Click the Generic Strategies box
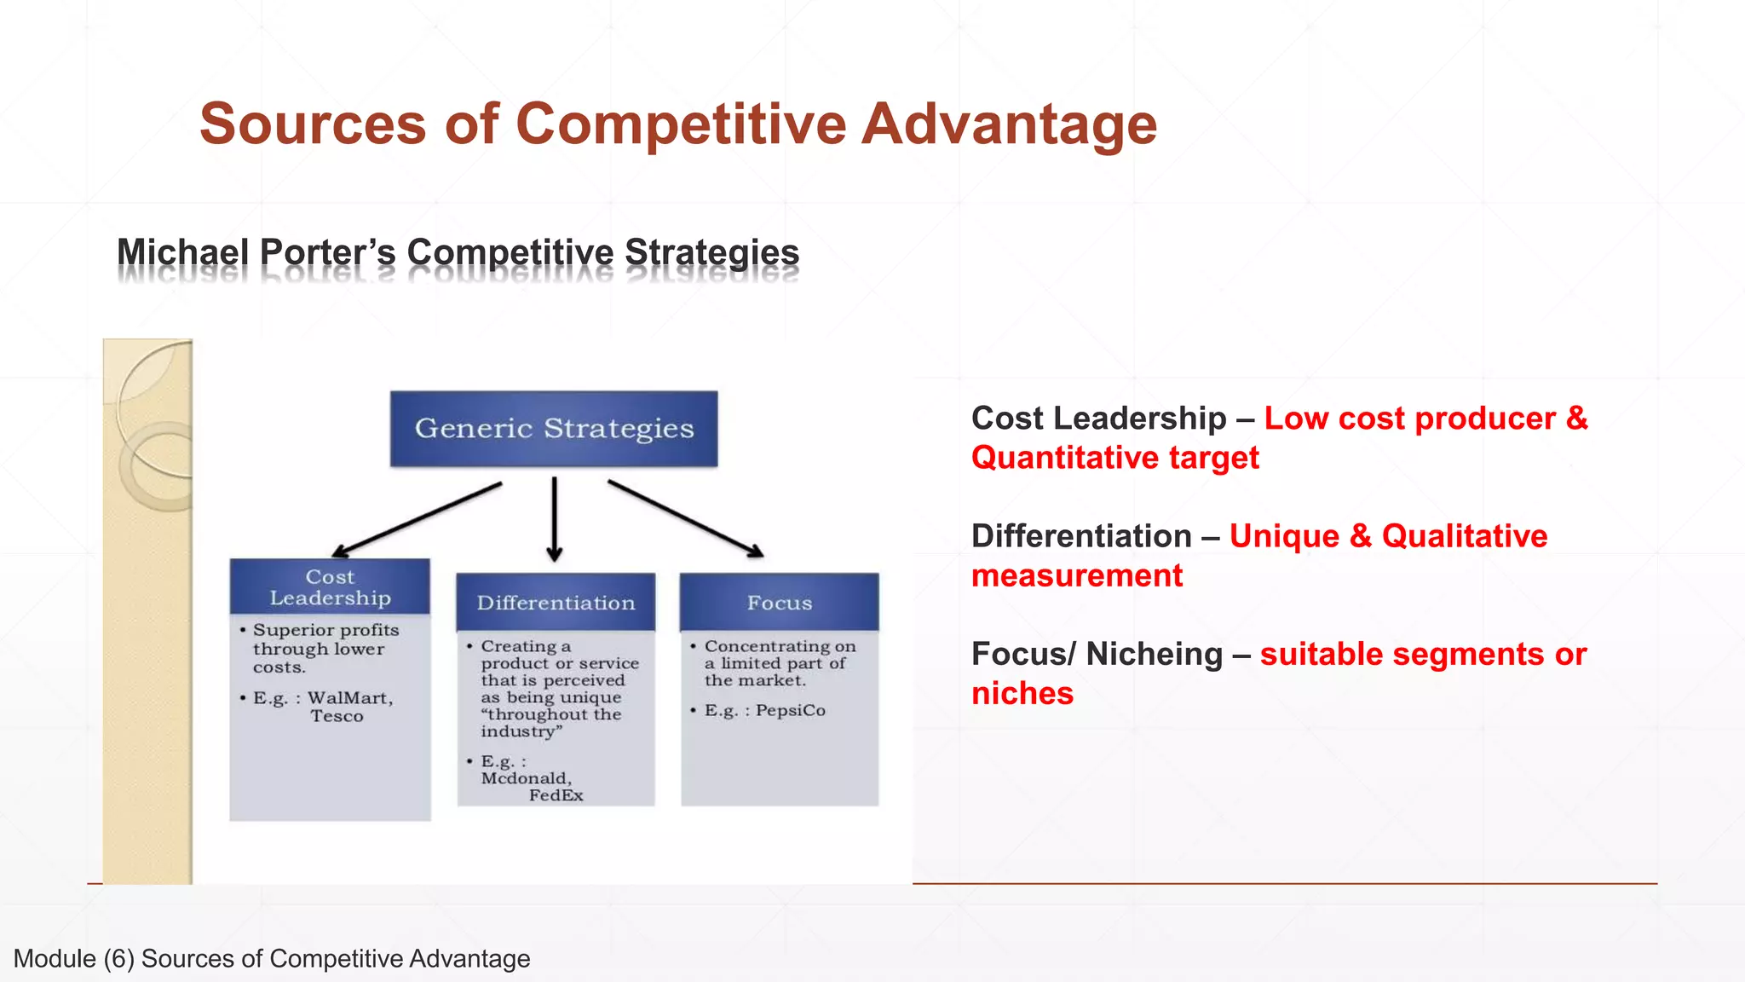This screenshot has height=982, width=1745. [x=554, y=428]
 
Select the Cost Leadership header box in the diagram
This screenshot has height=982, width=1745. [x=330, y=586]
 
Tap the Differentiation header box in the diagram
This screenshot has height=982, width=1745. [x=556, y=603]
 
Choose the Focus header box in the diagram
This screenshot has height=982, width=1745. [x=780, y=603]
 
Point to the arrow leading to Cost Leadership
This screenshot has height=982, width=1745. [x=418, y=520]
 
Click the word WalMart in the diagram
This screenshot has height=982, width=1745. [x=349, y=698]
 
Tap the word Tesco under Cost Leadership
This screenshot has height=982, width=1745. [x=337, y=716]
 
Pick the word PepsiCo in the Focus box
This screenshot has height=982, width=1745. [x=790, y=710]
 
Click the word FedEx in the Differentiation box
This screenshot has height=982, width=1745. [x=556, y=795]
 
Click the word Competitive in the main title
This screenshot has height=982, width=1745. [x=681, y=124]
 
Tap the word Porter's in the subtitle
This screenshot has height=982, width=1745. [x=327, y=252]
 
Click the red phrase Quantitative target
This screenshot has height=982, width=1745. [x=1114, y=458]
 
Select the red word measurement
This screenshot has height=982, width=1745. [x=1077, y=575]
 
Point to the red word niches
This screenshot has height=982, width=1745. [x=1022, y=693]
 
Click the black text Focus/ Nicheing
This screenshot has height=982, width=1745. [x=1097, y=654]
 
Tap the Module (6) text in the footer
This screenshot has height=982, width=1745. [x=74, y=958]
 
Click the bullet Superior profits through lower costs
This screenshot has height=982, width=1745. [x=325, y=648]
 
